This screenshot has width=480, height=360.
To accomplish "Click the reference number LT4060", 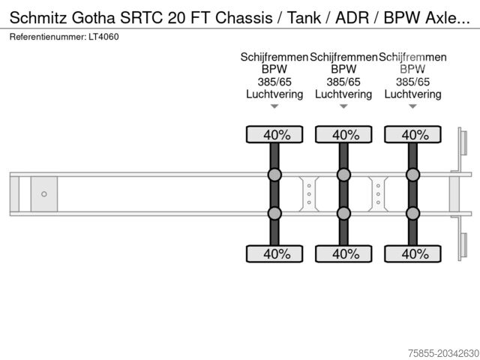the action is click(x=103, y=37).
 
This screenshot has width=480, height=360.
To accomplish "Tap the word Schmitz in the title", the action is click(x=38, y=17).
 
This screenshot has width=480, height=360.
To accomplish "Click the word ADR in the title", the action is click(x=352, y=17).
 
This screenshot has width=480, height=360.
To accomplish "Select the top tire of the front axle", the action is click(x=274, y=134).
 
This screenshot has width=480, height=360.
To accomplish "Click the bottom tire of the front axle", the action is click(x=274, y=253).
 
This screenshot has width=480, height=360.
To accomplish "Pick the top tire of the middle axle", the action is click(x=343, y=134).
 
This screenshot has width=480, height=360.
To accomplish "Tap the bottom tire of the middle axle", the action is click(x=343, y=253).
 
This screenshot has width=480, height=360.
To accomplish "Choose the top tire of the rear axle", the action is click(x=413, y=134).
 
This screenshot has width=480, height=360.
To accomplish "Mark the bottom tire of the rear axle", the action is click(x=413, y=253).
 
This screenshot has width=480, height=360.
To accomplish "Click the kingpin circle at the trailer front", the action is click(x=44, y=194).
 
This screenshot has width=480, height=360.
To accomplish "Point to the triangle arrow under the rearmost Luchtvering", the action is click(x=413, y=106).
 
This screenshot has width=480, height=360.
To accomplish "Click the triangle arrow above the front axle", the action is click(x=274, y=106).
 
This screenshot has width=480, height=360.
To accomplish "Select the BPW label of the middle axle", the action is click(x=343, y=69).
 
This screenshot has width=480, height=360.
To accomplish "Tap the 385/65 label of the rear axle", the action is click(x=413, y=82).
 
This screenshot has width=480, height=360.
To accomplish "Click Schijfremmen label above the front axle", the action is click(x=274, y=57).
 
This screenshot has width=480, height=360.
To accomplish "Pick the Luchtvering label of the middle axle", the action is click(x=343, y=94).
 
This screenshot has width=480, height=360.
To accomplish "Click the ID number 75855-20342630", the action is click(x=443, y=353).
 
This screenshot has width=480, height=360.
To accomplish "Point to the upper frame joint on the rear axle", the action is click(x=413, y=175).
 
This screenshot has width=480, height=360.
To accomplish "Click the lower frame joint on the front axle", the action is click(x=274, y=213).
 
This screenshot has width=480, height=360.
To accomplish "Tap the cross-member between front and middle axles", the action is click(x=309, y=194).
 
